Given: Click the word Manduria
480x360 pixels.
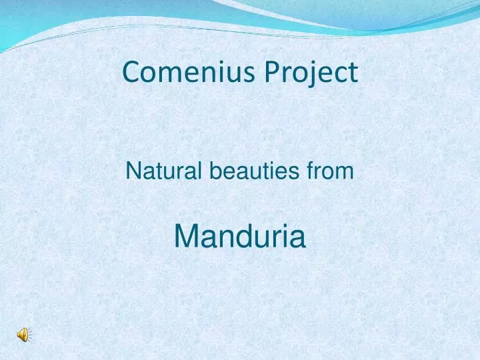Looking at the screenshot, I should point(240,236).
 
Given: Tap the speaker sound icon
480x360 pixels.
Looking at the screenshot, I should point(23,335).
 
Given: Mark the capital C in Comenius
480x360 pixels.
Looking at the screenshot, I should point(131,73).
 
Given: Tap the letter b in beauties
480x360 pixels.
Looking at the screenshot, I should point(217,171).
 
